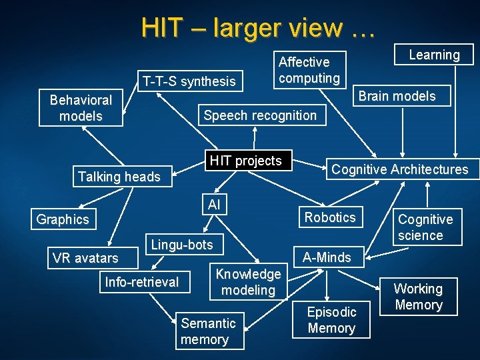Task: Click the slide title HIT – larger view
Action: pyautogui.click(x=259, y=28)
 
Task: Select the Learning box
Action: pyautogui.click(x=434, y=55)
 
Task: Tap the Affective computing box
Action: pyautogui.click(x=309, y=70)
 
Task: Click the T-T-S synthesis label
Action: pyautogui.click(x=189, y=81)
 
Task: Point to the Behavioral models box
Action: pyautogui.click(x=81, y=108)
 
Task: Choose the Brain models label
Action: pyautogui.click(x=397, y=96)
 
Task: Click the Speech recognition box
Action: pyautogui.click(x=260, y=115)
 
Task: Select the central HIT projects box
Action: pyautogui.click(x=245, y=161)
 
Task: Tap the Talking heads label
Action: pyautogui.click(x=119, y=177)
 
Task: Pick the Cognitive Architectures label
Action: pyautogui.click(x=400, y=169)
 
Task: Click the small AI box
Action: pyautogui.click(x=214, y=205)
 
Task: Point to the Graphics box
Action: pyautogui.click(x=63, y=219)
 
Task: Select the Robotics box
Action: pyautogui.click(x=330, y=217)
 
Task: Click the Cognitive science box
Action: pyautogui.click(x=425, y=227)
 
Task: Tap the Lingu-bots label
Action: pyautogui.click(x=182, y=245)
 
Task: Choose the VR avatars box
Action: pyautogui.click(x=85, y=258)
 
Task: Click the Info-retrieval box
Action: pyautogui.click(x=142, y=282)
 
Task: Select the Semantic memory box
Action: pyautogui.click(x=209, y=331)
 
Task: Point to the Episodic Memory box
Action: pyautogui.click(x=331, y=320)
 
